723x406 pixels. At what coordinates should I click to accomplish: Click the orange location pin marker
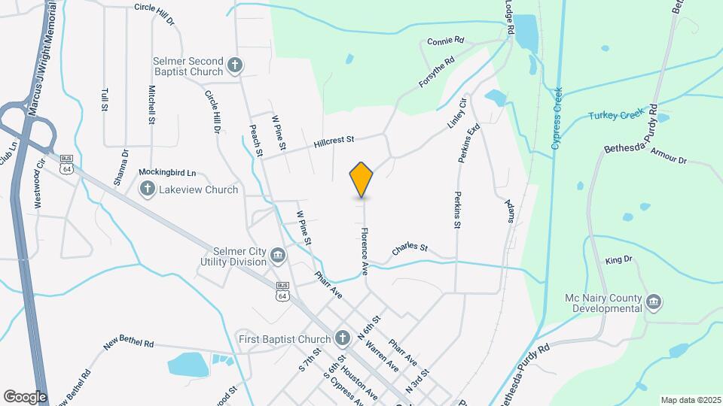pyautogui.click(x=361, y=180)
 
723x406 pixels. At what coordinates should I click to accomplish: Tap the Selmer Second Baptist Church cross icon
pyautogui.click(x=235, y=65)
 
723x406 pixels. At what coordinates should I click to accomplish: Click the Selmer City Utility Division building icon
pyautogui.click(x=278, y=256)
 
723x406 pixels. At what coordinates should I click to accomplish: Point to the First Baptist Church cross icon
pyautogui.click(x=343, y=338)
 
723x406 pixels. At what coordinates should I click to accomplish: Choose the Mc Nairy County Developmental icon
pyautogui.click(x=653, y=303)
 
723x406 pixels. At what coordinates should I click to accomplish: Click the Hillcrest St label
pyautogui.click(x=334, y=141)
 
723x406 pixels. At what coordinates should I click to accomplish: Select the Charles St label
pyautogui.click(x=410, y=248)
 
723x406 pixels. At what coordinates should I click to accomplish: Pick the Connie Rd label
pyautogui.click(x=446, y=41)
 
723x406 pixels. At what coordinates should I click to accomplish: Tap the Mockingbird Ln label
pyautogui.click(x=167, y=172)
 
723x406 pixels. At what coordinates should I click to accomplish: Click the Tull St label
pyautogui.click(x=104, y=99)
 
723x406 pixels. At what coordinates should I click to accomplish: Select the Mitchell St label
pyautogui.click(x=151, y=104)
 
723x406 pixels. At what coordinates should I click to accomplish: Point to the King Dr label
pyautogui.click(x=618, y=260)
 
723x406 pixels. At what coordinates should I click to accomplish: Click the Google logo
pyautogui.click(x=25, y=396)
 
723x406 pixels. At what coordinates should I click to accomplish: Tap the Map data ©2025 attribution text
pyautogui.click(x=690, y=400)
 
